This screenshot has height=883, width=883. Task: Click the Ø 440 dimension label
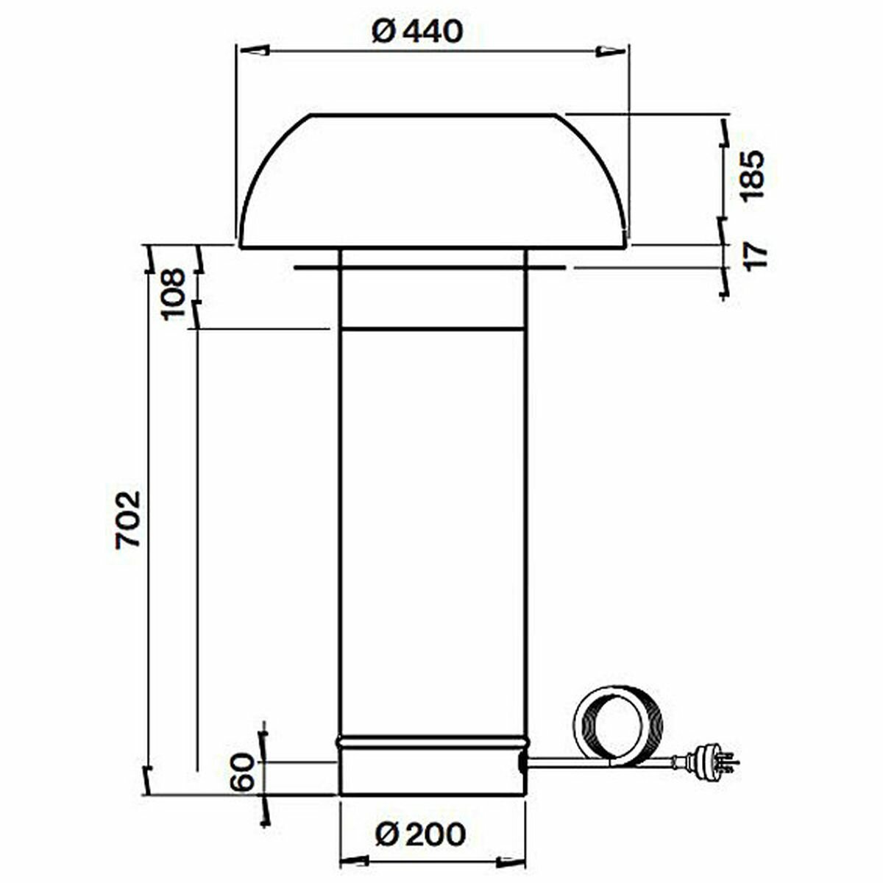[x=417, y=31]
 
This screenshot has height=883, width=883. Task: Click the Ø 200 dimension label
[x=420, y=834]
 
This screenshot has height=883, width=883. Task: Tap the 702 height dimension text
[x=128, y=518]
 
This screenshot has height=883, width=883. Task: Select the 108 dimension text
[x=174, y=293]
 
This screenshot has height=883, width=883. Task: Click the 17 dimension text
[x=756, y=255]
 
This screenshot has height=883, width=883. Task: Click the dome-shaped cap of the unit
[x=433, y=184]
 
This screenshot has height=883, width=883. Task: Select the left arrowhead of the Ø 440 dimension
[x=252, y=51]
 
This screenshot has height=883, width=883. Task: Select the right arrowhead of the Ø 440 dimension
[x=611, y=51]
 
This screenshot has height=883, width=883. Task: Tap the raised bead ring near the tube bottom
[x=432, y=742]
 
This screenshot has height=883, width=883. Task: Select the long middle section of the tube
[x=433, y=530]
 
